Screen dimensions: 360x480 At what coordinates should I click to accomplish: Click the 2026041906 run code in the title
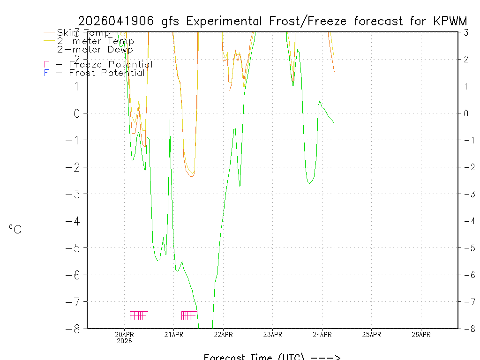point(117,21)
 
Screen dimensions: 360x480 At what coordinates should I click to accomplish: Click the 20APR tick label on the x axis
point(124,334)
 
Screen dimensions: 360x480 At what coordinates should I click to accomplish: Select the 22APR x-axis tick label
point(223,334)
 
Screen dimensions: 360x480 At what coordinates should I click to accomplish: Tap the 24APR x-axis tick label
point(322,334)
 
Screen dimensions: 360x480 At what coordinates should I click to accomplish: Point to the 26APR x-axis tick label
point(421,334)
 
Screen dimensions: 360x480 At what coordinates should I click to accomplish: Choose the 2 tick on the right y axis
point(466,59)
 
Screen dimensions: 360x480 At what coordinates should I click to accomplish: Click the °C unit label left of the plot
point(15,229)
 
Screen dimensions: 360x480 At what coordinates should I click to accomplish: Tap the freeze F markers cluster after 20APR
point(138,315)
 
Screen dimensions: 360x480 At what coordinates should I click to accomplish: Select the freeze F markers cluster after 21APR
point(188,315)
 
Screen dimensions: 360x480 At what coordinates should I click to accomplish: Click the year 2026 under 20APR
point(124,341)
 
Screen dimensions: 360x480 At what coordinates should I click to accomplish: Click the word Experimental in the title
point(226,21)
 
